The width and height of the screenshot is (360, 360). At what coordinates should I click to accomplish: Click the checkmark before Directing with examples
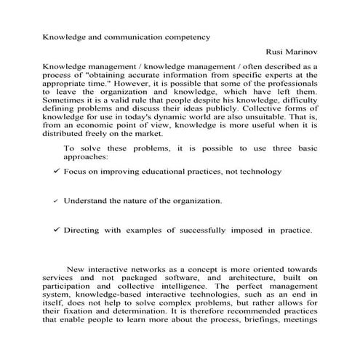[56, 231]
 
